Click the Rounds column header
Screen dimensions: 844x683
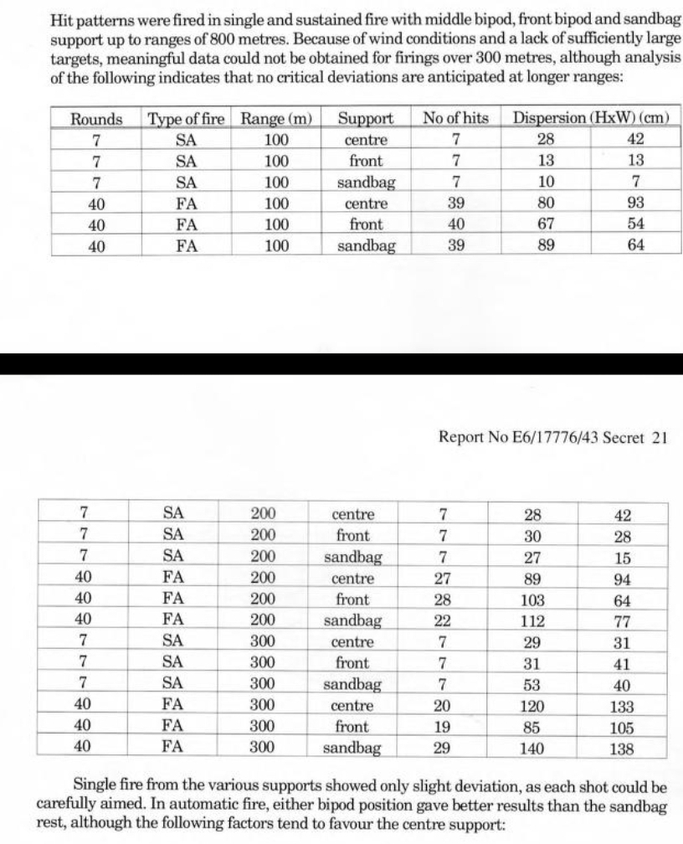[x=96, y=119]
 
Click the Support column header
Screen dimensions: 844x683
[x=365, y=119]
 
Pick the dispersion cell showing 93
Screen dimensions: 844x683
[x=636, y=203]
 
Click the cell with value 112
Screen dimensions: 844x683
[x=532, y=621]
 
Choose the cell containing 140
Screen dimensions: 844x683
[x=532, y=749]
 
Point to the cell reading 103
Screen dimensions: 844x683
[x=532, y=600]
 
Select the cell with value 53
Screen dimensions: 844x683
[x=532, y=685]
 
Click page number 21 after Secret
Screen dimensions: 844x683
[x=658, y=436]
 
